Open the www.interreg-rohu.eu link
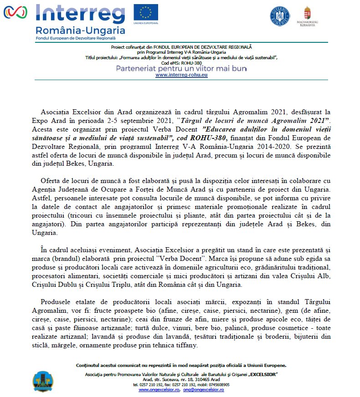181,75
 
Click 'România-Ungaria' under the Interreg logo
80,31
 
